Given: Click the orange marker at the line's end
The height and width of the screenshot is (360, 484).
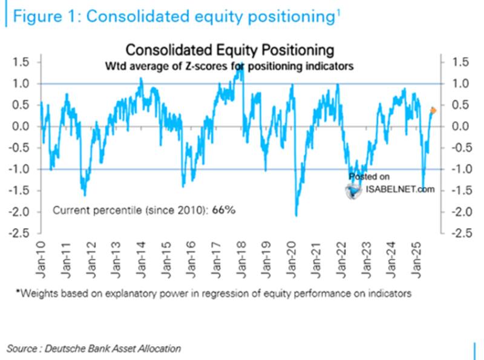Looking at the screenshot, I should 433,110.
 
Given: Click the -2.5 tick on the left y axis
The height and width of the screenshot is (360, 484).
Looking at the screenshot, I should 22,233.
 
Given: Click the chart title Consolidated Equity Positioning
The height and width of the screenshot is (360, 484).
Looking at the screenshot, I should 229,50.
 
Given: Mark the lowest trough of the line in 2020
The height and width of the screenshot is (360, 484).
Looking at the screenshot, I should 296,215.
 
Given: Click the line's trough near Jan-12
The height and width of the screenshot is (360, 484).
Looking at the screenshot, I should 85,195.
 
